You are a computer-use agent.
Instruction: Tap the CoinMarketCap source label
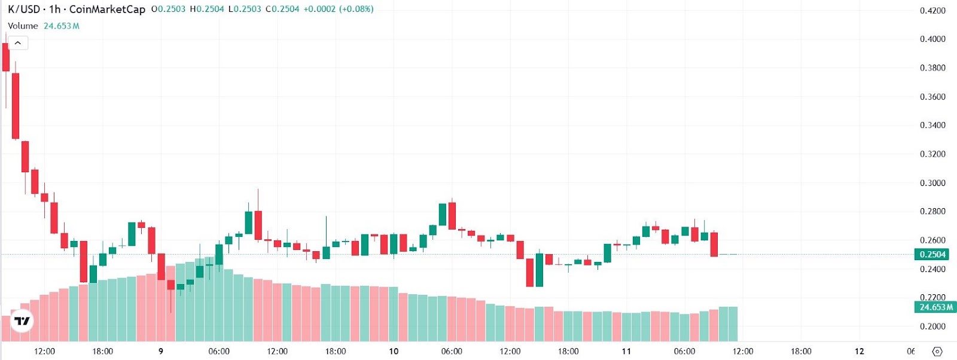pos(107,9)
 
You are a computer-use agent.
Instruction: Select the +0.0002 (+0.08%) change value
pos(339,9)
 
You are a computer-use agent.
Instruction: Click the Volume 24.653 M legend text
pos(44,26)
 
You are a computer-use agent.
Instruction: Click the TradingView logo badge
pos(22,321)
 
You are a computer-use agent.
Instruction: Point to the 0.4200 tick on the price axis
pos(932,11)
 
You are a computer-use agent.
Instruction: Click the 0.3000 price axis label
pos(932,183)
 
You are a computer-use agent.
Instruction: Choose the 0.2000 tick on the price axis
pos(932,327)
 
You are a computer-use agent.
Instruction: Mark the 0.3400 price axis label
pos(932,125)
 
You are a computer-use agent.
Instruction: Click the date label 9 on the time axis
pos(161,352)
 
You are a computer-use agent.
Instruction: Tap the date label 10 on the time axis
pos(394,352)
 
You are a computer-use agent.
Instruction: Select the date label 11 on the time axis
pos(626,352)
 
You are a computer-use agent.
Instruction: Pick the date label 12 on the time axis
pos(859,352)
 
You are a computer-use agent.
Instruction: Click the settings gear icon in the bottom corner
pos(937,352)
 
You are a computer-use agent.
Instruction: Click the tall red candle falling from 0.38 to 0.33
pos(16,106)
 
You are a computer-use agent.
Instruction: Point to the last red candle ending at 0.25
pos(714,244)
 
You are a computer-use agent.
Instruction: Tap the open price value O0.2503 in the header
pos(168,9)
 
